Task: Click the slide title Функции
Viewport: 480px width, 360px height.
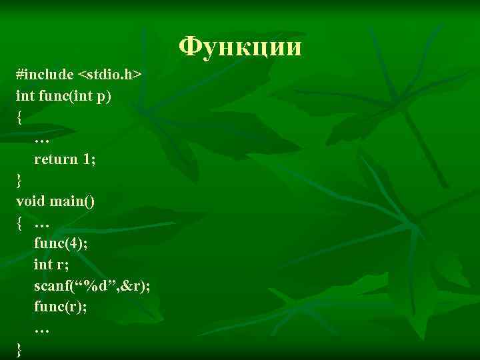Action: point(241,47)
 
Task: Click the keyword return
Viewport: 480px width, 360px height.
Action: point(55,159)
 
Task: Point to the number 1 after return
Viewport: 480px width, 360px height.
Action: point(87,159)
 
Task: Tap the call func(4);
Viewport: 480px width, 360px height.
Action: point(61,243)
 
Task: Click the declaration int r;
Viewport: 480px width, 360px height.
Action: point(52,265)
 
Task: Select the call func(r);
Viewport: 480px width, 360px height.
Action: point(60,307)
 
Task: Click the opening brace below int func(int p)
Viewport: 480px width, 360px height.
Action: point(19,118)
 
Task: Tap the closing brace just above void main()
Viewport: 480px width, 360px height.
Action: point(19,181)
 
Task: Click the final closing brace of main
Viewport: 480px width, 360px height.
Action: point(19,349)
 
